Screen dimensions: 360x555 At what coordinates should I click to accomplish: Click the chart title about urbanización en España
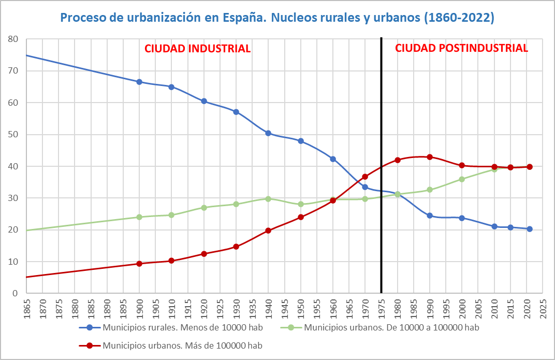tap(277, 18)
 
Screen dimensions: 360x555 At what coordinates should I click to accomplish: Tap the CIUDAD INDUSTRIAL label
tap(197, 49)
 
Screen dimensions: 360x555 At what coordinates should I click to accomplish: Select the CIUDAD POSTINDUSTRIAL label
tap(461, 48)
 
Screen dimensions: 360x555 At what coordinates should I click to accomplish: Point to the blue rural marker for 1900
tap(139, 82)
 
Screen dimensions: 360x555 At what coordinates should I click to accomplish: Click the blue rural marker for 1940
tap(268, 133)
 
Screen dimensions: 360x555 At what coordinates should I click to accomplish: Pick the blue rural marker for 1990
tap(430, 215)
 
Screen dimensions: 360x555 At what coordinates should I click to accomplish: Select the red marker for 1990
tap(430, 157)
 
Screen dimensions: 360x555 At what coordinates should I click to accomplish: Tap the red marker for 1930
tap(236, 247)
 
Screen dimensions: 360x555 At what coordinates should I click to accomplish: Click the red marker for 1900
tap(139, 264)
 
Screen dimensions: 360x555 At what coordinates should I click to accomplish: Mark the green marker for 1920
tap(204, 208)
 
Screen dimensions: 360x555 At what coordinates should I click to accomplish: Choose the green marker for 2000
tap(462, 179)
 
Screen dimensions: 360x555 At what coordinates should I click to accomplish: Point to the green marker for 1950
tap(300, 204)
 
